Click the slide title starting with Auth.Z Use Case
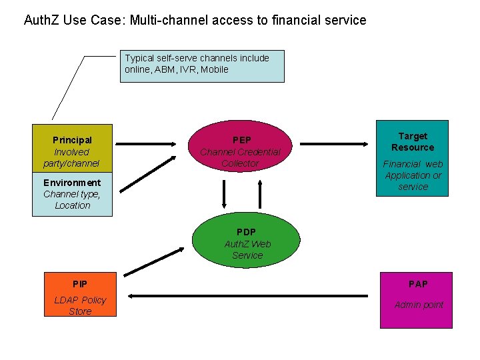(195, 20)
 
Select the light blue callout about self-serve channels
(202, 66)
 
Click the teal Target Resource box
(413, 159)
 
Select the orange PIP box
(81, 294)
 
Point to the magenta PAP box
(416, 300)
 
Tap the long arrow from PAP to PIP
(247, 295)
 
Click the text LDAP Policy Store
(80, 305)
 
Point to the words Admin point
(419, 305)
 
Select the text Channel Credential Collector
(240, 157)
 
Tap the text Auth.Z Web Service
(247, 249)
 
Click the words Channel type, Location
(72, 200)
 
